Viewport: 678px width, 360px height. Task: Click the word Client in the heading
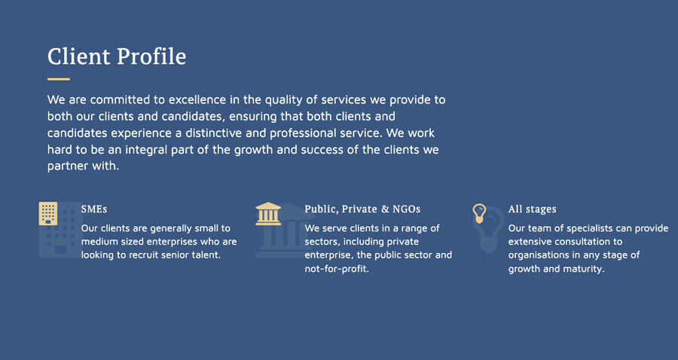78,56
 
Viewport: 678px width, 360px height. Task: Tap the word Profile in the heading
151,56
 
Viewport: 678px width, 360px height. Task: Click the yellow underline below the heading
58,79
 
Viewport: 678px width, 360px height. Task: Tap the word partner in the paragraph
68,166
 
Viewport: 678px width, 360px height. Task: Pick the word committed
121,100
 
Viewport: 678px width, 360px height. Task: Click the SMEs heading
94,209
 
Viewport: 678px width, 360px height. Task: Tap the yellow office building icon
48,213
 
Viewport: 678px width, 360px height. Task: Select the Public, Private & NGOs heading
362,209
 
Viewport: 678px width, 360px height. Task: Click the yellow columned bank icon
268,213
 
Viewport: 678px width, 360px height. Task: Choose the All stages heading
533,209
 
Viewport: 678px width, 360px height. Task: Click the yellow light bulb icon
479,213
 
